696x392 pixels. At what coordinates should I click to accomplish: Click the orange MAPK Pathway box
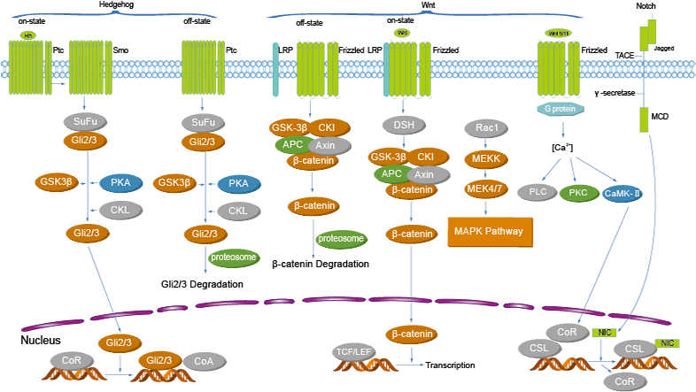coord(490,232)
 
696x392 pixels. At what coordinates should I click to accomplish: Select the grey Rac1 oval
coord(486,128)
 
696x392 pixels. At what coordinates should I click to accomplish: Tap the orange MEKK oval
coord(486,158)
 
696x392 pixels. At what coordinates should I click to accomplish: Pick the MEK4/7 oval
coord(486,188)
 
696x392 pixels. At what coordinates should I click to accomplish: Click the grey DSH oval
coord(404,125)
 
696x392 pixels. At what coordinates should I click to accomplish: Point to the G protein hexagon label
coord(562,109)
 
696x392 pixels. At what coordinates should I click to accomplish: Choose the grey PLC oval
coord(537,192)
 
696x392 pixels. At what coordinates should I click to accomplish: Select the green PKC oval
coord(579,192)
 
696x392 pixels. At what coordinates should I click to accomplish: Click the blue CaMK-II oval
coord(623,193)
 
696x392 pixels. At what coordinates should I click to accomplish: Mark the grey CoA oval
coord(205,361)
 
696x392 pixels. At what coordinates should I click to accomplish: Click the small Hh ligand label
coord(27,35)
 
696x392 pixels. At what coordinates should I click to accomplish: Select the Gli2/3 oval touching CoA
coord(160,360)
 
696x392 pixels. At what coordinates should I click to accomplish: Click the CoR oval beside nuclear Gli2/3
coord(72,360)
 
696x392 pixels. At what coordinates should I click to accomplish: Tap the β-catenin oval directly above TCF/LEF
coord(410,334)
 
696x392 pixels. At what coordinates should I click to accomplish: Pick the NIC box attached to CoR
coord(605,333)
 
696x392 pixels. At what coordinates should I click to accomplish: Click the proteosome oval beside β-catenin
coord(341,239)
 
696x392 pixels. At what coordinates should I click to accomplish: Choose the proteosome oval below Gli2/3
coord(234,257)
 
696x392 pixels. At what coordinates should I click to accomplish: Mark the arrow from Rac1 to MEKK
coord(486,143)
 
